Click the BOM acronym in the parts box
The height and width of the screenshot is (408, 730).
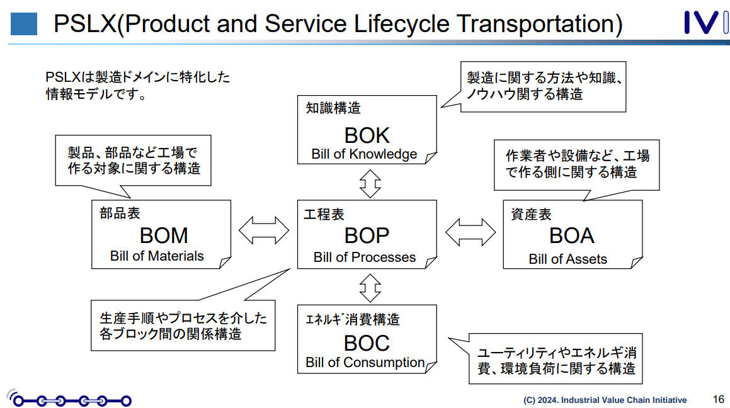tap(164, 235)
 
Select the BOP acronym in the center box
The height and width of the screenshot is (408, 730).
tap(367, 235)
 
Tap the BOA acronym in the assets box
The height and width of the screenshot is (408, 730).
tap(571, 235)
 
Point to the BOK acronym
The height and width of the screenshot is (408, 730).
tap(367, 135)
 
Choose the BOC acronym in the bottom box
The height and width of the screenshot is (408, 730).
tap(367, 343)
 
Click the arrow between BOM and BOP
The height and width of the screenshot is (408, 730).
tap(264, 230)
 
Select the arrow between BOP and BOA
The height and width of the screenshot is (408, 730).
tap(471, 231)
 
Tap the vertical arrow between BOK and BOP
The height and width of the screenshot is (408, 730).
tap(370, 183)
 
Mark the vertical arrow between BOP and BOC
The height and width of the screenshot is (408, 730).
tap(370, 288)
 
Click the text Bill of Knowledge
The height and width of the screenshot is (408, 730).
tap(364, 154)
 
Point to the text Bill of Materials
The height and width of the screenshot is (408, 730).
tap(157, 256)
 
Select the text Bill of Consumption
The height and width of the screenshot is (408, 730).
tap(365, 363)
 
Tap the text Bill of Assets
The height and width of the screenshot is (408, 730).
tap(567, 259)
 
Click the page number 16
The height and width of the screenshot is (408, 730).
tap(718, 399)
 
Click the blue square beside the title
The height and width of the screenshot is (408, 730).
tap(24, 24)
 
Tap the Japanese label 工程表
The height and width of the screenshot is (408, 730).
tap(324, 215)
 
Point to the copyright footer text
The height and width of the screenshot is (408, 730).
tap(605, 400)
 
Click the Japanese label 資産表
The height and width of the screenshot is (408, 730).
tap(531, 215)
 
